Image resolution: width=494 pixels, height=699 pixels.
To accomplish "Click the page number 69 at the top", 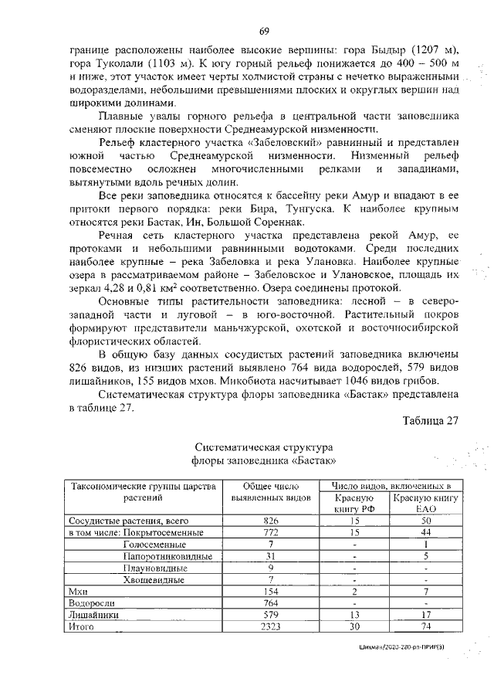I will [263, 31].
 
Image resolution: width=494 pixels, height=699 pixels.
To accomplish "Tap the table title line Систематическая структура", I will [263, 448].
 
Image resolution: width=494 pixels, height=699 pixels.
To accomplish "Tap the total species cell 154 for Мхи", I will [265, 591].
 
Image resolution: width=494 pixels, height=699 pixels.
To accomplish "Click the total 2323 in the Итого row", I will [265, 626].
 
